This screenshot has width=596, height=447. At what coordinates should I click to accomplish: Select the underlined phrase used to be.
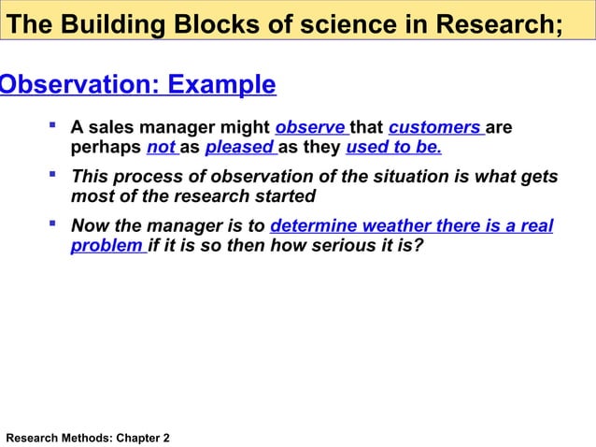pyautogui.click(x=393, y=149)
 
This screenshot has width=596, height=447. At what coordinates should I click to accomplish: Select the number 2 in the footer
pyautogui.click(x=166, y=438)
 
